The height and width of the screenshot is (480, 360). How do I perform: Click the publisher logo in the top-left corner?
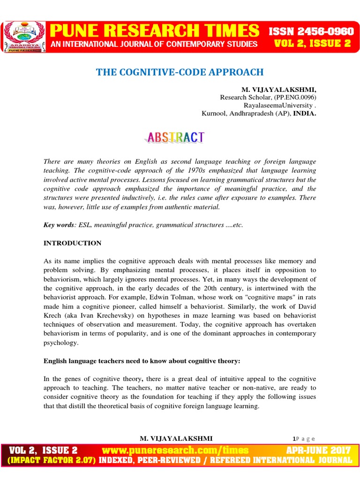(24, 37)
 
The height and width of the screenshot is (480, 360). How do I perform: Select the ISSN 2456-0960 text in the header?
(311, 32)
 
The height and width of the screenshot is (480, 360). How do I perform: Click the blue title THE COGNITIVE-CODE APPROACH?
(180, 72)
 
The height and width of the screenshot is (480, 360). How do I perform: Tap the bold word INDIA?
(305, 113)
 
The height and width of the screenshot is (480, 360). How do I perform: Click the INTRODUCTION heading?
(72, 243)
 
